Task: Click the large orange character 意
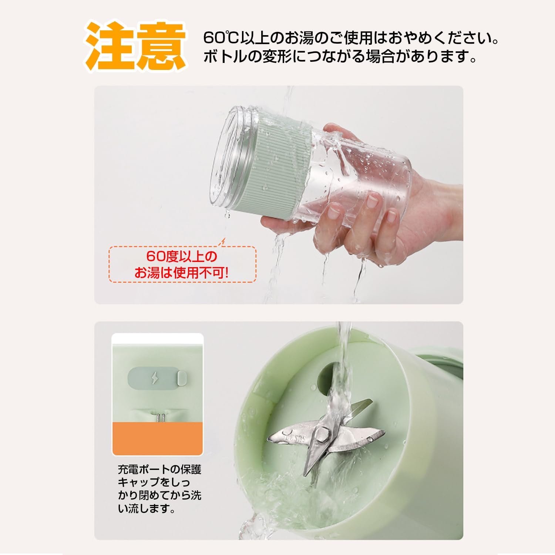tap(161, 46)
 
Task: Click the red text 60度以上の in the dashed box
tap(182, 256)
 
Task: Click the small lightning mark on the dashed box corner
tap(222, 242)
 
